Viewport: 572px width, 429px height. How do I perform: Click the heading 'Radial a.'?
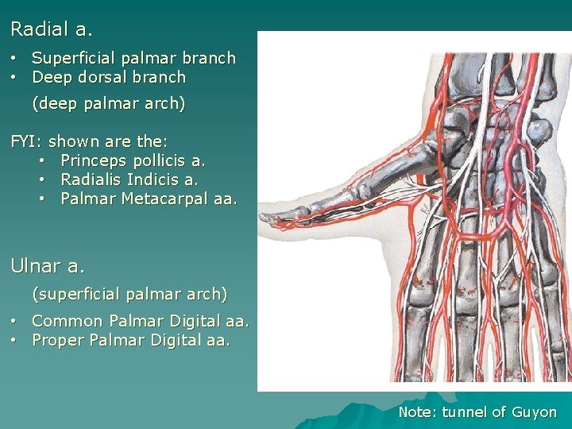pos(52,30)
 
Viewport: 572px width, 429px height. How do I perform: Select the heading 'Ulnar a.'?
pos(48,265)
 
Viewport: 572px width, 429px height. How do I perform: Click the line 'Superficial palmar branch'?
pos(133,58)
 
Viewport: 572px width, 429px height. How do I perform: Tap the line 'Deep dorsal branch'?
pos(109,77)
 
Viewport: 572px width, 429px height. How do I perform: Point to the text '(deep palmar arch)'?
pos(109,103)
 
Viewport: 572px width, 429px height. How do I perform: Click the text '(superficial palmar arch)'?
pos(129,294)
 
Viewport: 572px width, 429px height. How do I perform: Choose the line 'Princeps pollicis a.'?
pos(133,161)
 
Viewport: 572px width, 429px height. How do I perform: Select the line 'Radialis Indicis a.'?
pos(129,180)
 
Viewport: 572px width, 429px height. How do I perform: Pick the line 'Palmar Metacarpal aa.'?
pos(149,199)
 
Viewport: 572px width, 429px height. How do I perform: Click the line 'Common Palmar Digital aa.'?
pos(141,321)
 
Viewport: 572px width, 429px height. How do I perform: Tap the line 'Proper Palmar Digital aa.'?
pos(131,340)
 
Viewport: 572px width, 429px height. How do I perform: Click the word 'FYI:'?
pos(26,142)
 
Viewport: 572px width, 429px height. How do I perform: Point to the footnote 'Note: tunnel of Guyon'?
pos(477,412)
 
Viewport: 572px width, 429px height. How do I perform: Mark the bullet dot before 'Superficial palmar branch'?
pos(15,58)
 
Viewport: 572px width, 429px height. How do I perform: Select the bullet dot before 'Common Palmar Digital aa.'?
pos(15,321)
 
